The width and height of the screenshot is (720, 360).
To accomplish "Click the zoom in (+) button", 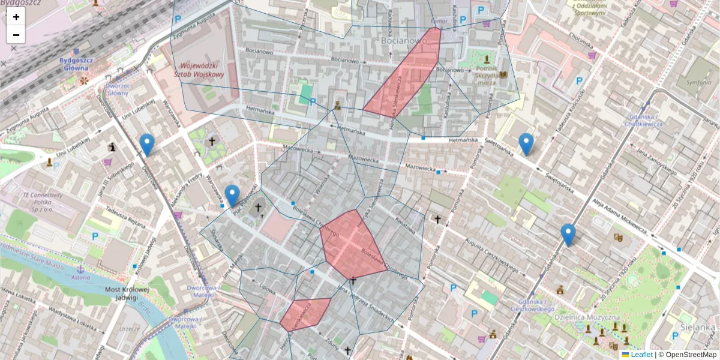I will click(16, 16).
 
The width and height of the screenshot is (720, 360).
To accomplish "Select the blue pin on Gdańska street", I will click(568, 235).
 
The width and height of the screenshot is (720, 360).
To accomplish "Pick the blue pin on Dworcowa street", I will click(146, 145).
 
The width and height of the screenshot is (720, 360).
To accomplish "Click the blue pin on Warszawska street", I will click(232, 196).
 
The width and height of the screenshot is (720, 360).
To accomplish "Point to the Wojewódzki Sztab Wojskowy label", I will click(199, 70).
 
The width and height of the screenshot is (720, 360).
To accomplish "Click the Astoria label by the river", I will click(80, 278).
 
